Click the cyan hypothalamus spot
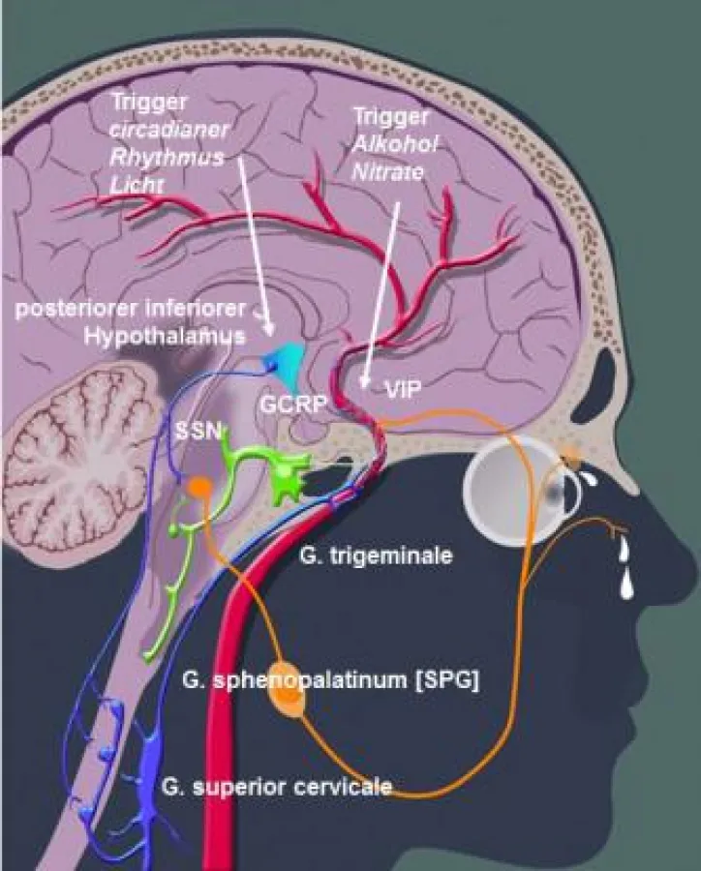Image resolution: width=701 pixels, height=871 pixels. [x=284, y=358]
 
